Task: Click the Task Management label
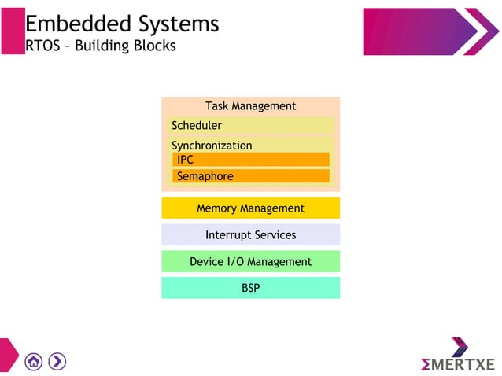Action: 250,105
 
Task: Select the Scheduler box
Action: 250,125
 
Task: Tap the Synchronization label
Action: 212,146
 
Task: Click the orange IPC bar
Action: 250,160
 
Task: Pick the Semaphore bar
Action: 250,176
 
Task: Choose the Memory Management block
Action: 250,208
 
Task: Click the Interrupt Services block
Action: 250,234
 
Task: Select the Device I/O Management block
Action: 250,261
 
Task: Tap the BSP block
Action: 250,288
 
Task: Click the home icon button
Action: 33,361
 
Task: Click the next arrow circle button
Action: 57,361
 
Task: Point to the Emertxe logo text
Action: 457,364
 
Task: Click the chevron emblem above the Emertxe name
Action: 460,346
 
